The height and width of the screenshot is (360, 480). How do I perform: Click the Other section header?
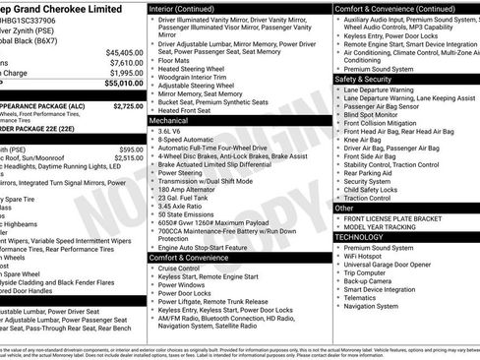pos(344,208)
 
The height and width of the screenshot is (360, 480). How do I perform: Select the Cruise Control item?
pos(179,268)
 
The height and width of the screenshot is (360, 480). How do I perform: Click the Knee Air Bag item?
pos(364,140)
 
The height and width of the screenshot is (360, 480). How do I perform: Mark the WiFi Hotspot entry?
pos(369,256)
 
